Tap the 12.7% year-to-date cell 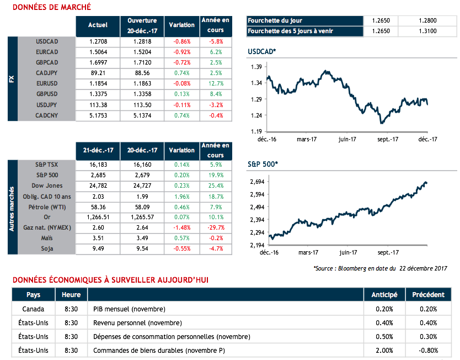[x=215, y=83]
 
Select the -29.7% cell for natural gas [x=215, y=228]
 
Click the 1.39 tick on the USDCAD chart [x=255, y=67]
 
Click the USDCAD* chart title [x=262, y=51]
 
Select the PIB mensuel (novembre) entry [x=129, y=309]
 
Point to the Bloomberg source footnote [x=379, y=268]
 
